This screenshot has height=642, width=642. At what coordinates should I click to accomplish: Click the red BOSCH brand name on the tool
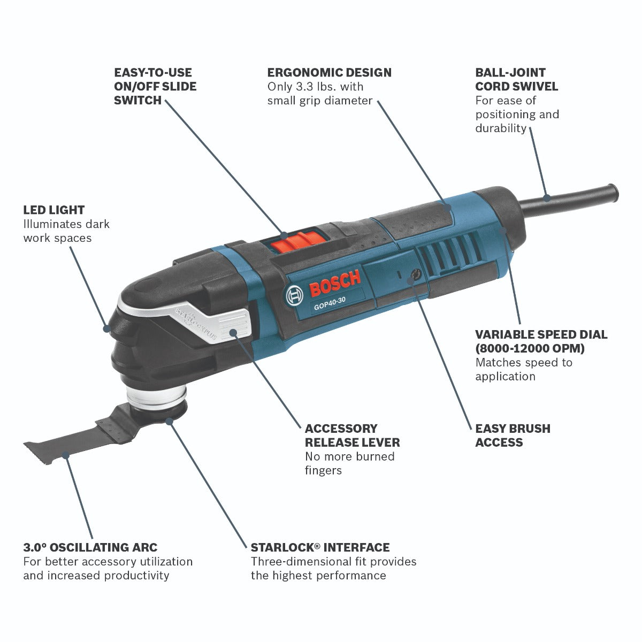(335, 284)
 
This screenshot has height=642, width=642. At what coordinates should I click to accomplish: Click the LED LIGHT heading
(54, 210)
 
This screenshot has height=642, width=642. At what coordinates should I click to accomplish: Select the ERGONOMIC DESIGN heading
(330, 72)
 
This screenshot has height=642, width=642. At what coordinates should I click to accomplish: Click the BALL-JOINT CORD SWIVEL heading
(516, 79)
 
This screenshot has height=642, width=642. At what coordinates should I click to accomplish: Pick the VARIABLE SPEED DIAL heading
(541, 334)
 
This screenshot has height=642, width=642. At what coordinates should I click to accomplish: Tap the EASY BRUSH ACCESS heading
(513, 435)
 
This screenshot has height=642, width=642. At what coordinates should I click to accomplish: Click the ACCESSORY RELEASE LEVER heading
(352, 435)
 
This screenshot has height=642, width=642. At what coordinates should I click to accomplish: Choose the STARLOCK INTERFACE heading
(320, 547)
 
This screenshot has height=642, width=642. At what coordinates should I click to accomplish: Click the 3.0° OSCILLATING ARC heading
(90, 547)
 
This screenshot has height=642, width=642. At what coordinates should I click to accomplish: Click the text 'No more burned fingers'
(349, 463)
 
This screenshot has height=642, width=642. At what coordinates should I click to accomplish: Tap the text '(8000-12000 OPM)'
(530, 348)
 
